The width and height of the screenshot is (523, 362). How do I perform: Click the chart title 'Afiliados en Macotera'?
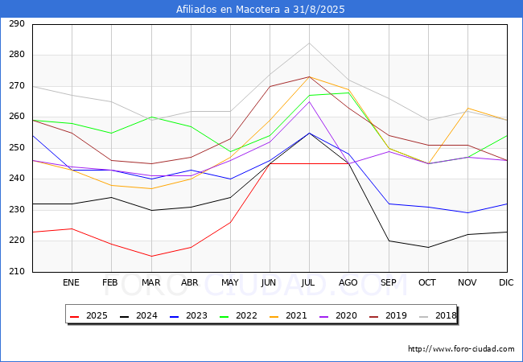261,10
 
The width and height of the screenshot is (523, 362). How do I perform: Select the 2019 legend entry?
386,315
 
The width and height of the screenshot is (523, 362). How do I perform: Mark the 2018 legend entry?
434,315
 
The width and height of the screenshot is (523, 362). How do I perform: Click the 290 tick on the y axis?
17,24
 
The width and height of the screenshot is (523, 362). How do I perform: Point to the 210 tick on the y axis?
17,272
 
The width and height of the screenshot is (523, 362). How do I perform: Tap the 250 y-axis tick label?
17,148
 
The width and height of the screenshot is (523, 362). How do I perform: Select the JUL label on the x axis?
309,283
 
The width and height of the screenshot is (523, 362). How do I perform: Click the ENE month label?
72,283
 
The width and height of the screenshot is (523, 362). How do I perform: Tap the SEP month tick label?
388,283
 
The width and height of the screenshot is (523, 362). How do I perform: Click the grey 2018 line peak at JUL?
309,43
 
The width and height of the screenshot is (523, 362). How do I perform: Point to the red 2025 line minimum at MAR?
150,257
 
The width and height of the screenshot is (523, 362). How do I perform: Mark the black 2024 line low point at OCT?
428,247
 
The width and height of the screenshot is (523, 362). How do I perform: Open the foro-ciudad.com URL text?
461,349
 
